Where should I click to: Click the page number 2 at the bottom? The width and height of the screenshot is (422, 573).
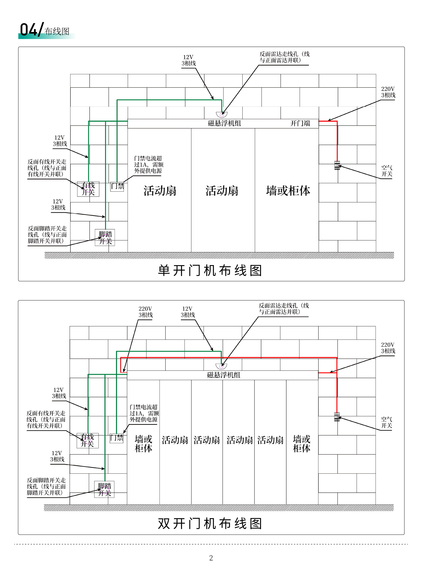click(x=211, y=558)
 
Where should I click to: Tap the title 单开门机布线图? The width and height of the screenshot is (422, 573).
click(x=210, y=270)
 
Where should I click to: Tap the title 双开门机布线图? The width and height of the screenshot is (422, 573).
click(x=210, y=523)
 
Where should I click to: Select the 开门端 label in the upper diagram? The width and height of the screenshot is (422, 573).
click(x=300, y=123)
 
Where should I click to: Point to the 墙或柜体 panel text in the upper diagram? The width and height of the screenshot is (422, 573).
click(x=288, y=191)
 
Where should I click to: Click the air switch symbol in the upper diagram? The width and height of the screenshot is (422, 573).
click(x=337, y=165)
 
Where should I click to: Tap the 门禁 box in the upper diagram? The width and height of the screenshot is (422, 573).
click(x=117, y=187)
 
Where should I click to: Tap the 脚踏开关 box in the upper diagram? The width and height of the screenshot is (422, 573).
click(x=105, y=237)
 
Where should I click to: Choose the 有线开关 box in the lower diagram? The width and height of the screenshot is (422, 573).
click(x=88, y=440)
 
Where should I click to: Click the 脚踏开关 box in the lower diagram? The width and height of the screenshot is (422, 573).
click(x=104, y=489)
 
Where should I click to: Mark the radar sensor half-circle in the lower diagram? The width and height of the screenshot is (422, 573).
click(x=221, y=366)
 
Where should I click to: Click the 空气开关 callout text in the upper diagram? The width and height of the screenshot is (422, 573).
click(x=387, y=171)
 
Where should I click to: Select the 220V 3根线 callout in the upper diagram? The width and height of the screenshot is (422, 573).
click(x=388, y=92)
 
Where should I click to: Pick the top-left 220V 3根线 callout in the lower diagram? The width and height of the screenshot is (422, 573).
click(x=146, y=312)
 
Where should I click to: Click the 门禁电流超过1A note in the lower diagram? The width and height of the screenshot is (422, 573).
click(x=144, y=413)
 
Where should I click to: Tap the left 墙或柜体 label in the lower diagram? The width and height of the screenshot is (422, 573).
click(x=144, y=444)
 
